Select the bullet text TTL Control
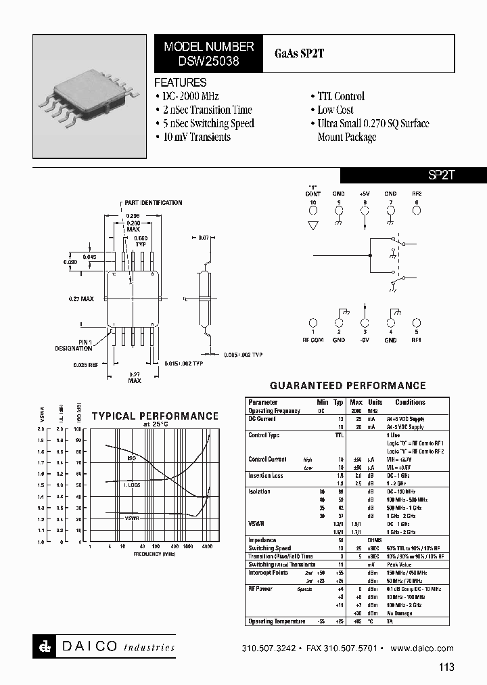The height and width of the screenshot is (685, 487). coord(340,97)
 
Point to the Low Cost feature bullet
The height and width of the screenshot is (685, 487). coord(335,110)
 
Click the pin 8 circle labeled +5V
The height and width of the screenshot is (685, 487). coord(365,211)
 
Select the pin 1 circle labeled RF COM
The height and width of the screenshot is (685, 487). coord(313,324)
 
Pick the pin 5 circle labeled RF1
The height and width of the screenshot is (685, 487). coord(417,324)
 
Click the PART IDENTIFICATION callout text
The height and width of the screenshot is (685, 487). coord(154,203)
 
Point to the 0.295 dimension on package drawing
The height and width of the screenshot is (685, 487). coord(133,213)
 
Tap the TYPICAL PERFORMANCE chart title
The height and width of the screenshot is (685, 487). coord(155,416)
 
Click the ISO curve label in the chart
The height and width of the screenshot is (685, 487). coord(132,458)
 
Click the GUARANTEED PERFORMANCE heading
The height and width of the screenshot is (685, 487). coord(348,386)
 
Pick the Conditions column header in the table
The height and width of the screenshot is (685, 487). coord(410,403)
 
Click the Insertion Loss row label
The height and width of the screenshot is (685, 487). coord(266,476)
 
